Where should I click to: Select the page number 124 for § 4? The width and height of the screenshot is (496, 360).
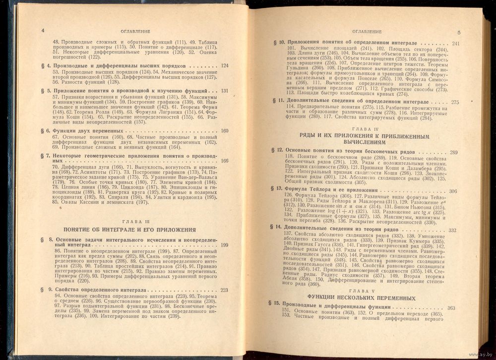tap(225, 66)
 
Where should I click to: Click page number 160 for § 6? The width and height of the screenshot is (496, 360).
tap(225, 130)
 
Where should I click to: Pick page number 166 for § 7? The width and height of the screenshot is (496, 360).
tap(225, 160)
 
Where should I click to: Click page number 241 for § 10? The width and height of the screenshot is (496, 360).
tap(456, 44)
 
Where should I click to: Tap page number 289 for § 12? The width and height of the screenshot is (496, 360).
tap(453, 152)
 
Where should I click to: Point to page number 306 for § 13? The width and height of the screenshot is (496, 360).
tap(453, 191)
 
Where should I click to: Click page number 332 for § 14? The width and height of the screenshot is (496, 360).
tap(452, 230)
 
